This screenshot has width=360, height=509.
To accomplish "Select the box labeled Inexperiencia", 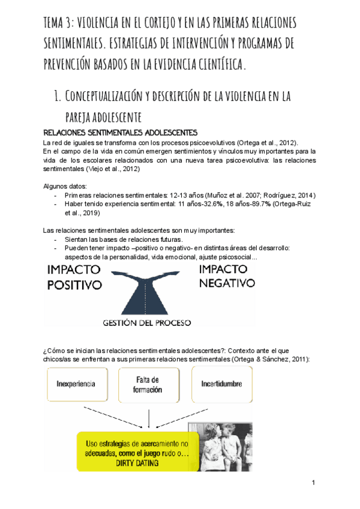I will (x=77, y=384).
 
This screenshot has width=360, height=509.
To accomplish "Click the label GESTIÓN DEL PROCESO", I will (x=148, y=322).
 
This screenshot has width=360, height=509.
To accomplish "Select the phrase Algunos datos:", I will (x=65, y=187).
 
